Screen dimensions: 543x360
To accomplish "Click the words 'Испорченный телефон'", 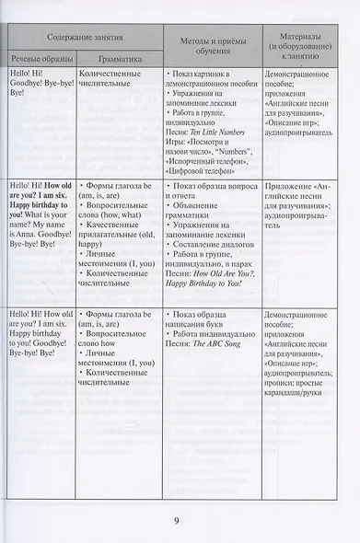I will tap(208, 159).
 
